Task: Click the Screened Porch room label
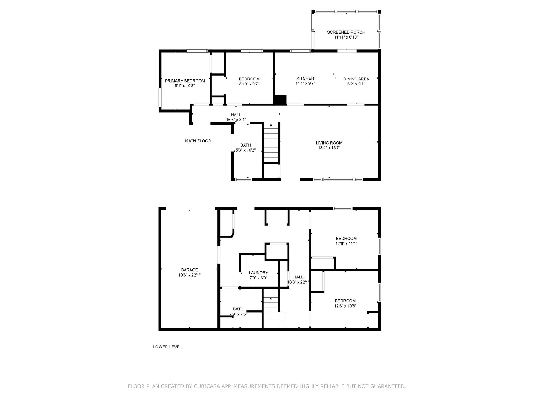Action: [x=346, y=32]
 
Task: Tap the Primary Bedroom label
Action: [x=185, y=81]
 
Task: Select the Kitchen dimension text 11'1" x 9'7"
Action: [x=305, y=83]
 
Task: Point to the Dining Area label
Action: [x=356, y=79]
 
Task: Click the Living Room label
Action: [x=329, y=143]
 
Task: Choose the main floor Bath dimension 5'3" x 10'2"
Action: [x=246, y=150]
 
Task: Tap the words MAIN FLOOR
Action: [x=198, y=141]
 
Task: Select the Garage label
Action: [x=189, y=270]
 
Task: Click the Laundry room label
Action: [x=258, y=273]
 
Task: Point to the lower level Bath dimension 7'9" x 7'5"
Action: [x=238, y=314]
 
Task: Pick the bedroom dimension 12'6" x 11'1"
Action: [x=346, y=244]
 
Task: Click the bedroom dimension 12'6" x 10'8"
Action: [x=345, y=306]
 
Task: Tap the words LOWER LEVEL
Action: [x=167, y=347]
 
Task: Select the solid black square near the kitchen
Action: [x=280, y=100]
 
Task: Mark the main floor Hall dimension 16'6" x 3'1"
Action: [x=236, y=120]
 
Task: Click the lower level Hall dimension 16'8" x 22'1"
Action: [x=298, y=282]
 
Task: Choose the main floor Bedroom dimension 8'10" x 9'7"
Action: [x=249, y=84]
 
